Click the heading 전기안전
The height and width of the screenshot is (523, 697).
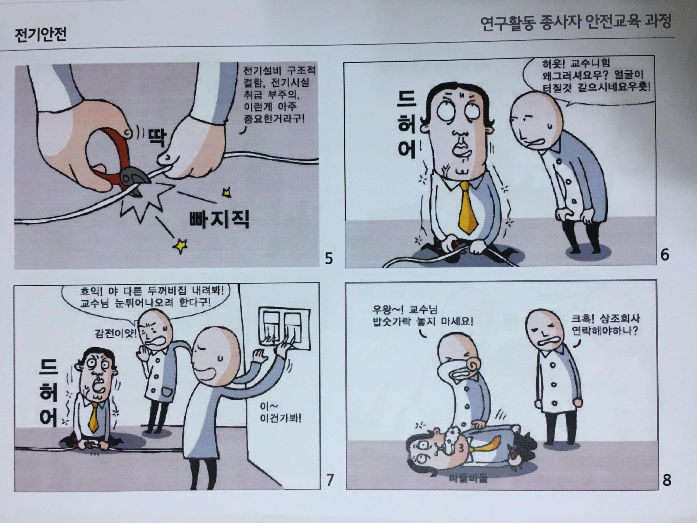40,35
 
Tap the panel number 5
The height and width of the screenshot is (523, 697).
329,258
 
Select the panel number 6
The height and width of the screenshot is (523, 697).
665,255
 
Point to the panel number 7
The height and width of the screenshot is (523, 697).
330,480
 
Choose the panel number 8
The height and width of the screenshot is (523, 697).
666,480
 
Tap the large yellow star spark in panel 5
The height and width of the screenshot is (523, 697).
181,246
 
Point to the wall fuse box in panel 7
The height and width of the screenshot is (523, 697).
284,328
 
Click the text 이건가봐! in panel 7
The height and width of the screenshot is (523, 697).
281,418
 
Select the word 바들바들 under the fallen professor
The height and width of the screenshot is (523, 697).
468,478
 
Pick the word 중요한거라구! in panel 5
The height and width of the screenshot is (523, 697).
274,119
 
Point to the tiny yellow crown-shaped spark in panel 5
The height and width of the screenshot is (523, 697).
227,192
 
